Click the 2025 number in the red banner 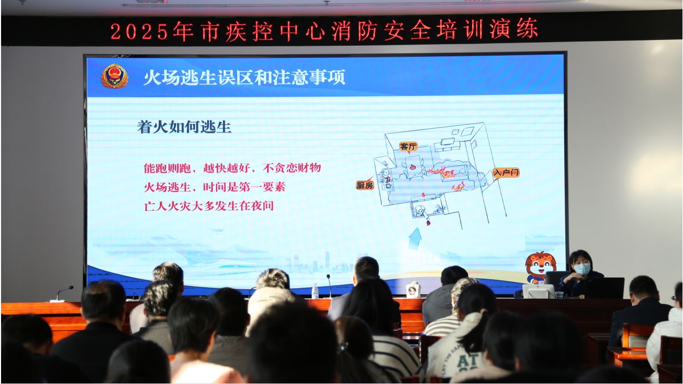(139, 32)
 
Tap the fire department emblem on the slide (114, 76)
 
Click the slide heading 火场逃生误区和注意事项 (244, 77)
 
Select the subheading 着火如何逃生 (184, 127)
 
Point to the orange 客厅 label (408, 147)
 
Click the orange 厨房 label (365, 185)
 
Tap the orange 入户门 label (506, 173)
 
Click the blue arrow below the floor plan (415, 239)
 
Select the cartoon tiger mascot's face (540, 265)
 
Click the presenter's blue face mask (583, 269)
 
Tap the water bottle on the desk (315, 291)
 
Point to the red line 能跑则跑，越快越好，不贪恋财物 (232, 168)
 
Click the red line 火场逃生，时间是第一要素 (215, 187)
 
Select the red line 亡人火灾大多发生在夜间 (209, 206)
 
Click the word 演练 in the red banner (514, 29)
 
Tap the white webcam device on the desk (413, 289)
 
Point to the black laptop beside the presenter (604, 288)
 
